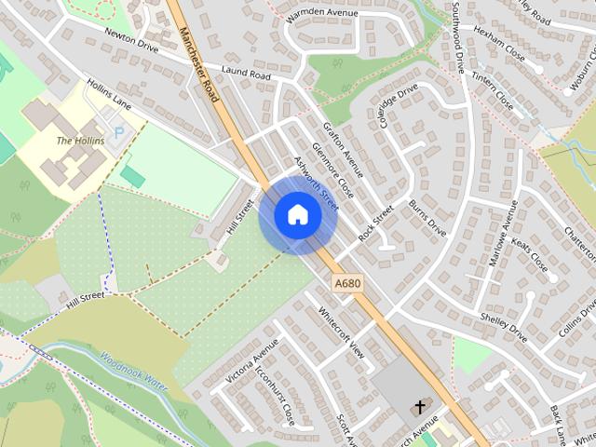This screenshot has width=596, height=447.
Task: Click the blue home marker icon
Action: (x=297, y=214)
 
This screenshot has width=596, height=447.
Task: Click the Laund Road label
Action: (x=247, y=73)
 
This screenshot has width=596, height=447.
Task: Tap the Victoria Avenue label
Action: (x=252, y=359)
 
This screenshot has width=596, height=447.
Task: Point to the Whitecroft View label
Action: (x=340, y=333)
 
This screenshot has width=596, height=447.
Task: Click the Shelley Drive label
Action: (x=504, y=326)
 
